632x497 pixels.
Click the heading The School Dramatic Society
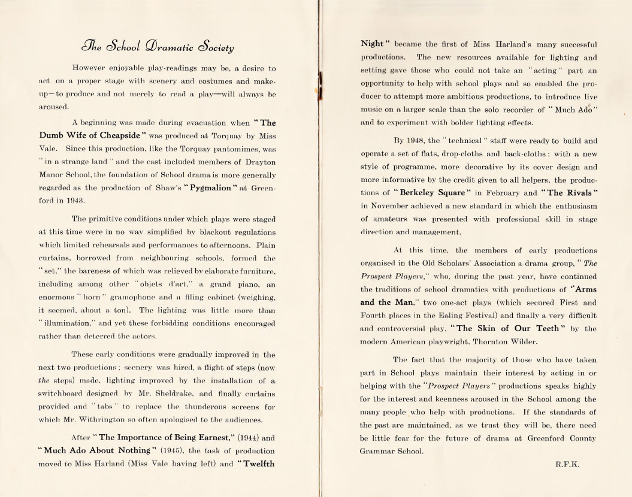(159, 47)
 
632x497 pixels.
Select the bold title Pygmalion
(199, 190)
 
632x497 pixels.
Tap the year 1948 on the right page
(428, 141)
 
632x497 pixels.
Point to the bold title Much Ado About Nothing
(92, 450)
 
